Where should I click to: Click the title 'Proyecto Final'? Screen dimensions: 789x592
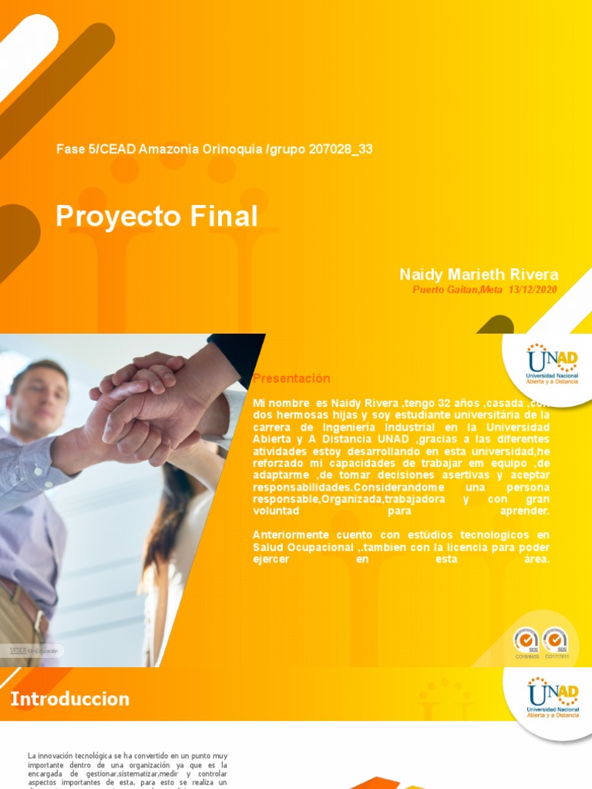[156, 217]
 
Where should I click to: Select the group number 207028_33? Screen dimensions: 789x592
[340, 149]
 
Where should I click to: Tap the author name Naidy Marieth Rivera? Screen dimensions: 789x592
[479, 275]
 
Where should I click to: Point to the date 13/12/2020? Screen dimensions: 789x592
[532, 290]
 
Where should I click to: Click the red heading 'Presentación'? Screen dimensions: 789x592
[291, 378]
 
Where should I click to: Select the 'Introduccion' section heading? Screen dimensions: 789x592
[70, 700]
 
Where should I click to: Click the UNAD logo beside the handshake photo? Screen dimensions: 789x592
[552, 363]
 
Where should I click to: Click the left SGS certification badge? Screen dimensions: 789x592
[526, 641]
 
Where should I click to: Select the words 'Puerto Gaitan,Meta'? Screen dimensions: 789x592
[458, 290]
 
